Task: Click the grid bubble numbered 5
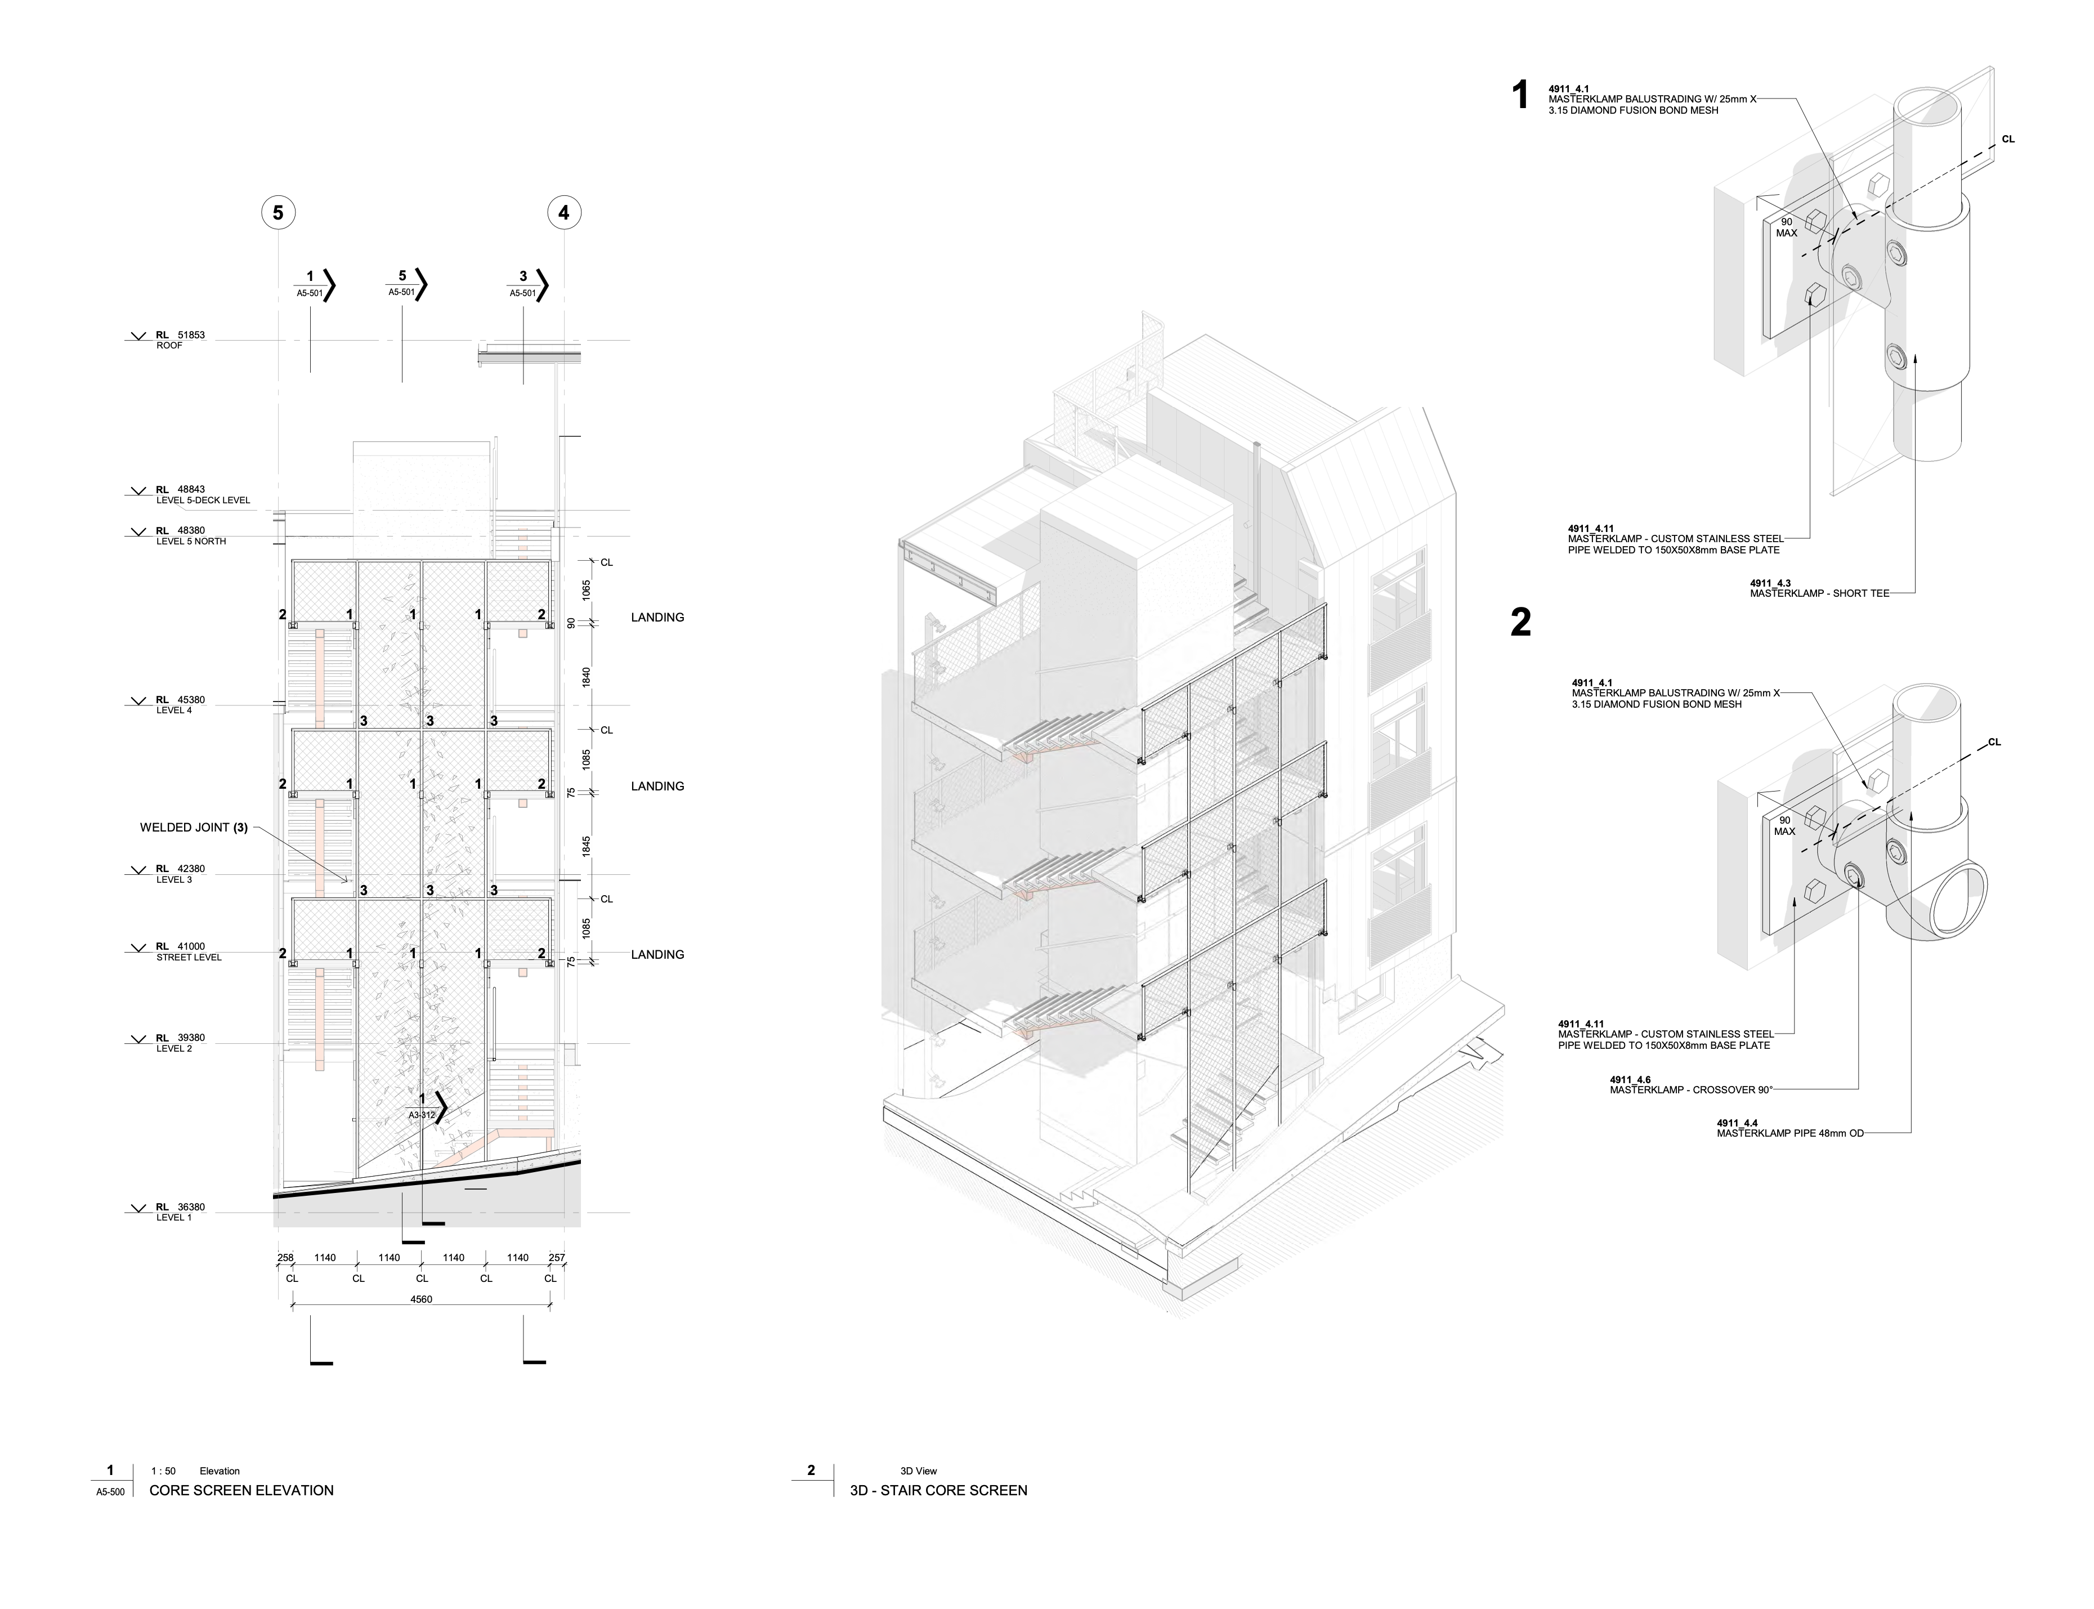[278, 213]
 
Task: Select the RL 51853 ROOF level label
[180, 340]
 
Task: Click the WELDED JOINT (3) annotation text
[194, 828]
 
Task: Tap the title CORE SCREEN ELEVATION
[241, 1490]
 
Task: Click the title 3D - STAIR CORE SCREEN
[938, 1490]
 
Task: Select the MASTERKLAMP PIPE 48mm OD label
[1789, 1134]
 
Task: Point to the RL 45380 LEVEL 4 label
[180, 705]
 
